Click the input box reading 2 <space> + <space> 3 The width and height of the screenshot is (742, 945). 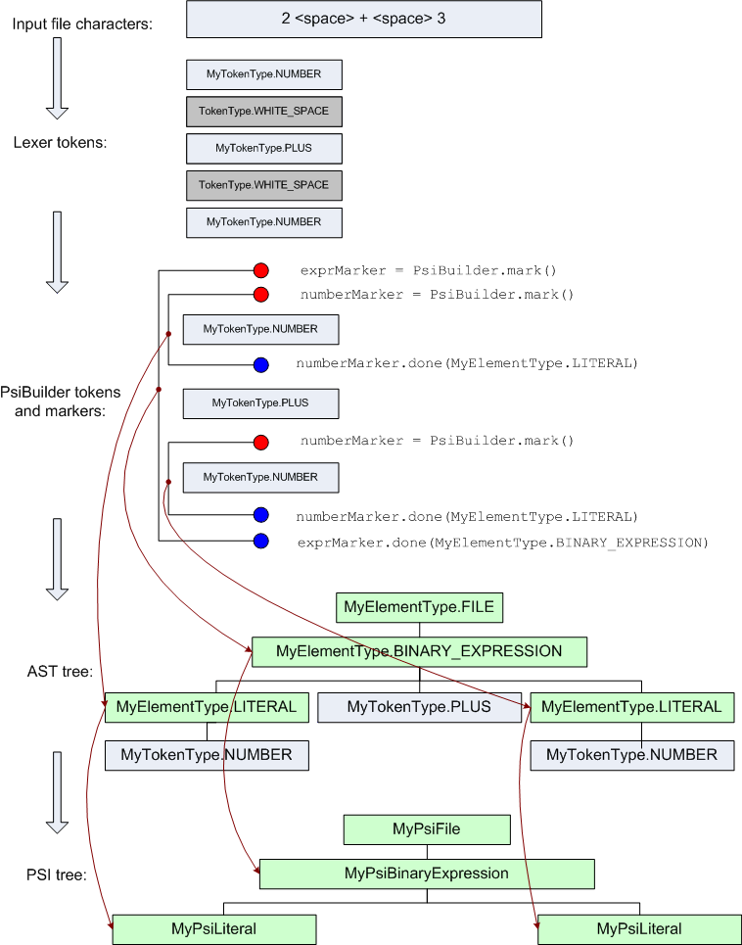[x=363, y=20]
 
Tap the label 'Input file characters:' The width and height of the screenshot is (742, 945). [x=82, y=23]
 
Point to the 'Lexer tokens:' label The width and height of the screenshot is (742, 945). [x=60, y=143]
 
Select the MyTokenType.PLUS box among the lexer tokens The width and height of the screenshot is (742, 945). [x=263, y=148]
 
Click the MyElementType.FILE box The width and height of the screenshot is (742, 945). [x=419, y=608]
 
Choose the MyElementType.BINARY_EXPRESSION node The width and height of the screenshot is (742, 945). [x=419, y=651]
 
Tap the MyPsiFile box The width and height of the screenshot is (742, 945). [x=427, y=829]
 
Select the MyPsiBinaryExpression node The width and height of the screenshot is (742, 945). [x=427, y=874]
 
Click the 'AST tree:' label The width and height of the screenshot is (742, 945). [x=60, y=672]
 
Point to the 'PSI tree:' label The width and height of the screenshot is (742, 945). [x=57, y=874]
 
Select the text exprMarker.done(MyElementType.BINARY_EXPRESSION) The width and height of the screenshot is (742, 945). [x=501, y=542]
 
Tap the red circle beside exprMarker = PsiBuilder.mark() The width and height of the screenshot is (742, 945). [x=260, y=270]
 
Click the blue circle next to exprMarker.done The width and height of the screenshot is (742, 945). [x=260, y=542]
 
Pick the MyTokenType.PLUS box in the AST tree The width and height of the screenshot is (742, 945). [x=419, y=707]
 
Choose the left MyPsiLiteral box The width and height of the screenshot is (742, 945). [x=213, y=929]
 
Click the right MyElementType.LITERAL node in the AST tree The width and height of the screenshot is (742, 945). [x=631, y=707]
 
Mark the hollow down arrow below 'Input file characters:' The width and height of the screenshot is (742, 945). [x=58, y=76]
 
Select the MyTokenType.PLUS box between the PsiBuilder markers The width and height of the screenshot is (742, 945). [x=260, y=402]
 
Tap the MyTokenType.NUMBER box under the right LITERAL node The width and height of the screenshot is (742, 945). [x=631, y=755]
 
